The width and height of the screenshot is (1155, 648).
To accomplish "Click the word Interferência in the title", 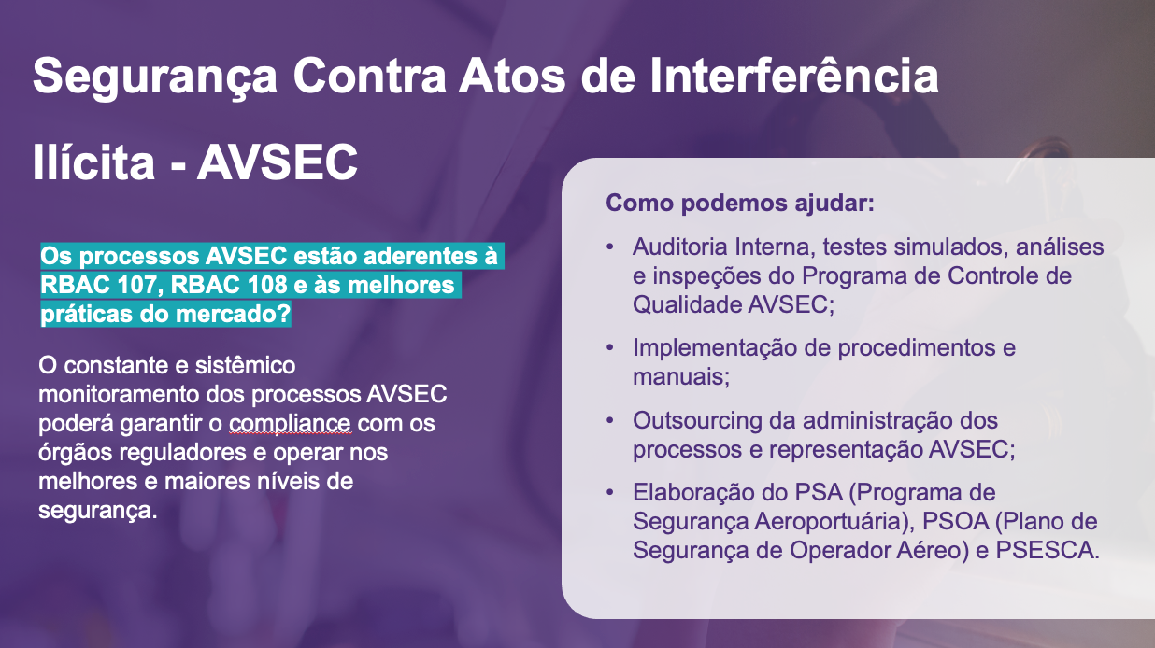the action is [794, 76].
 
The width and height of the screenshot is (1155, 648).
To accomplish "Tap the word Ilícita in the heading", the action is [93, 162].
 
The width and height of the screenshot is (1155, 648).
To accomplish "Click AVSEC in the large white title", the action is [278, 162].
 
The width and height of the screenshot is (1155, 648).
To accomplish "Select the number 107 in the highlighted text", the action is [136, 285].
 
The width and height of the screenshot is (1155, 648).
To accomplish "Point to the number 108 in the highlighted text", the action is [267, 285].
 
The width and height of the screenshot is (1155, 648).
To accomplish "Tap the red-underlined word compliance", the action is [290, 423].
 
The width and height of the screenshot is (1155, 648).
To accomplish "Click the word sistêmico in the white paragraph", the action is [246, 365].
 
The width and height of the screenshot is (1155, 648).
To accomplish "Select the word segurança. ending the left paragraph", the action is [97, 511].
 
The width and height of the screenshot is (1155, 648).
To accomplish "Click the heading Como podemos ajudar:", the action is [740, 203].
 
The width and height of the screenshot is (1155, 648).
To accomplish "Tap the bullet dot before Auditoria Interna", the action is [610, 247].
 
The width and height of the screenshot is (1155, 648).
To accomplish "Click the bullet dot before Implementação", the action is [610, 348].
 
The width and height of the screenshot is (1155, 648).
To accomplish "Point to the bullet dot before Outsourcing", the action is [610, 421].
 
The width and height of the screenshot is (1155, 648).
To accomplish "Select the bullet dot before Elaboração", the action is [610, 492].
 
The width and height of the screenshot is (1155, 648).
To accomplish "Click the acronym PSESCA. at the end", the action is [1048, 550].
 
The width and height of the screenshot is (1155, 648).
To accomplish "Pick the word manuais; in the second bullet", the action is [681, 377].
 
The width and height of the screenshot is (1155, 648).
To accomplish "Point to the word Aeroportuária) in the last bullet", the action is [834, 522].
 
